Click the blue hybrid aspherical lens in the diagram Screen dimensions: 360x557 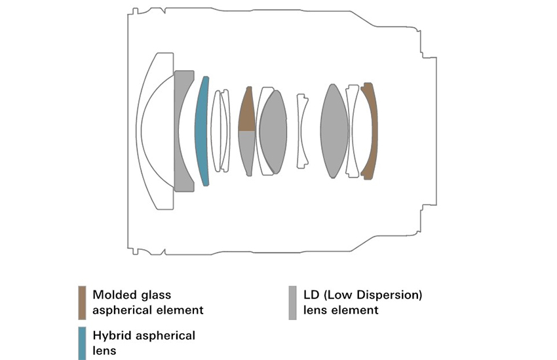202,131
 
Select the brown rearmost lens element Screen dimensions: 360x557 370,131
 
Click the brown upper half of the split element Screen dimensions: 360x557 246,111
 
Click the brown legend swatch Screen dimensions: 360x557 82,302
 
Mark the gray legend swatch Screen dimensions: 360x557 292,302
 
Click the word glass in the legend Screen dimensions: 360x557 157,295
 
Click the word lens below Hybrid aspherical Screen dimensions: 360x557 104,350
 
